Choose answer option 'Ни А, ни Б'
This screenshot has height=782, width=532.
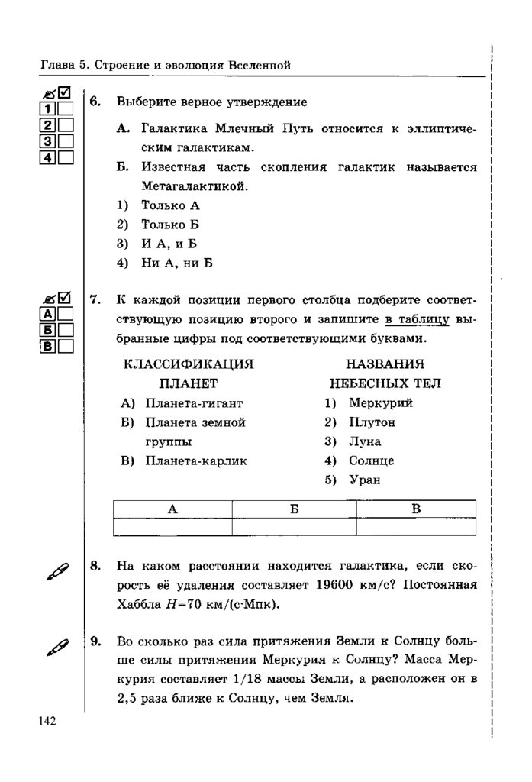(176, 263)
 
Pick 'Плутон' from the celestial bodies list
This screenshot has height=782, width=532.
(372, 422)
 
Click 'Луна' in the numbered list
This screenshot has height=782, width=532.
(365, 441)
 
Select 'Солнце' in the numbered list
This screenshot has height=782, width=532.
(372, 461)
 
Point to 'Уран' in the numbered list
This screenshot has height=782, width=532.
(365, 480)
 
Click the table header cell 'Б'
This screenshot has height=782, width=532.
(294, 509)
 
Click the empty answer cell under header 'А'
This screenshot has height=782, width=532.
(172, 527)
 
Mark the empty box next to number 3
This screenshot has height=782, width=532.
(66, 141)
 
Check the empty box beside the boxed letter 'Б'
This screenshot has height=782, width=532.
(66, 330)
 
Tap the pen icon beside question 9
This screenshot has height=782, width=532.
(58, 648)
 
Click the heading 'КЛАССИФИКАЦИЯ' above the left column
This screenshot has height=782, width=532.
(188, 364)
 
